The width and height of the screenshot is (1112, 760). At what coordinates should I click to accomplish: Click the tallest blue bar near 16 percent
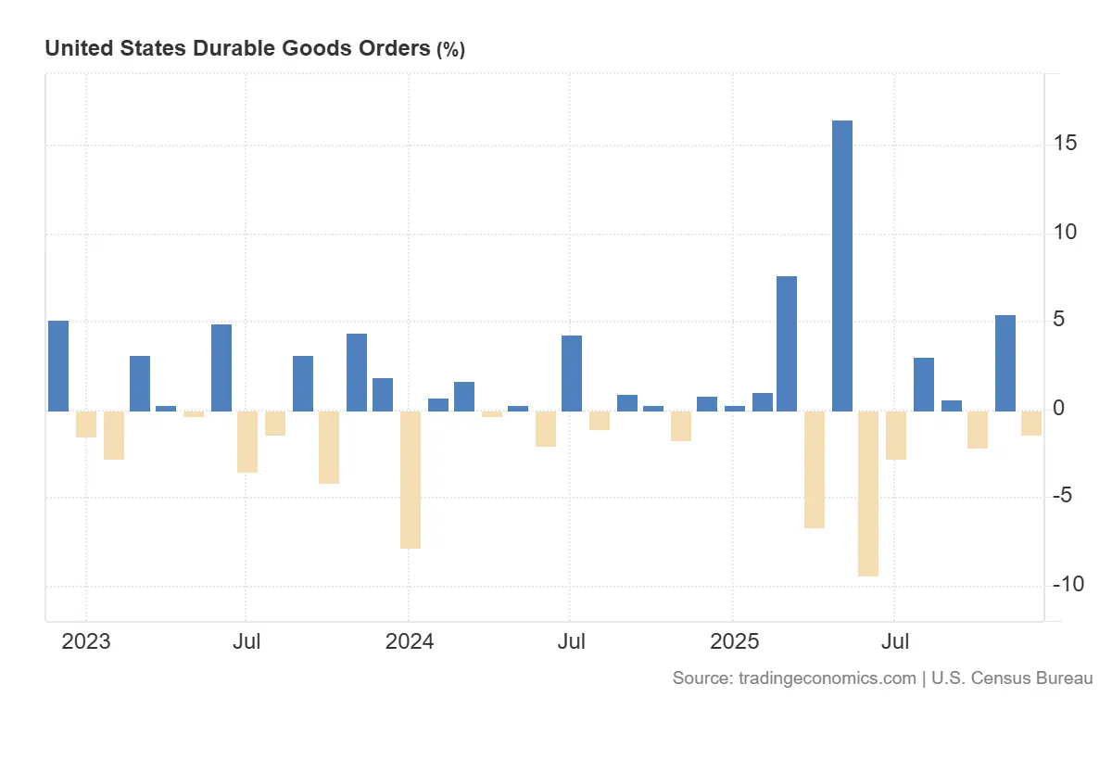coord(841,265)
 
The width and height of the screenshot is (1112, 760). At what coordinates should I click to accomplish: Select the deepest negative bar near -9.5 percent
coord(868,493)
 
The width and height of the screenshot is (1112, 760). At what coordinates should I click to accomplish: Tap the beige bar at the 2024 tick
coord(411,479)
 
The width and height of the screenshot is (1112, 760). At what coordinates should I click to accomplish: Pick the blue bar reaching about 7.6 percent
coord(787,343)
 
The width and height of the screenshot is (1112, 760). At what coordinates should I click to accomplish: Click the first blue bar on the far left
coord(58,365)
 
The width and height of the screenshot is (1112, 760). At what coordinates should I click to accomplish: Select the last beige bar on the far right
coord(1031,423)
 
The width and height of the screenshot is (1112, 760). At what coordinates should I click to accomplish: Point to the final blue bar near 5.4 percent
coord(1005,362)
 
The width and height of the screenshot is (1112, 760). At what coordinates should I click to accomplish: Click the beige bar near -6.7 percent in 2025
coord(815,469)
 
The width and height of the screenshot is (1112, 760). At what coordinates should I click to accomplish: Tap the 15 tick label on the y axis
coord(1064,144)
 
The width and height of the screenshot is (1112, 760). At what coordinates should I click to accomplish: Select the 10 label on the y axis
coord(1064,232)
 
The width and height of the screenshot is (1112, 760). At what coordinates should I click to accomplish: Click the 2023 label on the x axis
coord(85,641)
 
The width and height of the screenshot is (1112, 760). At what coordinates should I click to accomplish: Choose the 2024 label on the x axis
coord(409,641)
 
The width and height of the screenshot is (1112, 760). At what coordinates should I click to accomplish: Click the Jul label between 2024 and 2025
coord(571,641)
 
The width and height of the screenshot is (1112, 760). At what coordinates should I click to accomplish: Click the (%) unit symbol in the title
coord(450,50)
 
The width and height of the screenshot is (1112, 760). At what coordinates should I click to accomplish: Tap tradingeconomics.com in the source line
coord(828,678)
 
